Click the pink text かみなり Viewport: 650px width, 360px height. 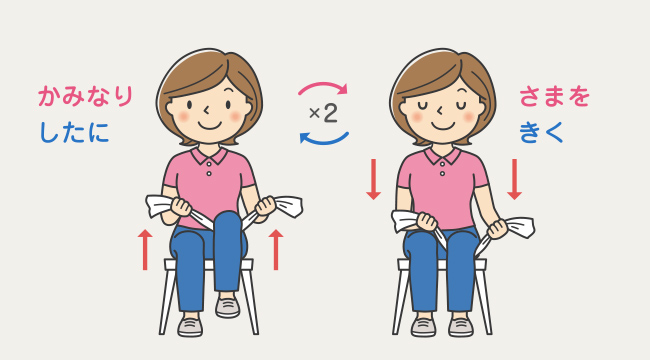[85, 96]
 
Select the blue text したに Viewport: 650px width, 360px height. [75, 132]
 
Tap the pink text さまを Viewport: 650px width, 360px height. [554, 96]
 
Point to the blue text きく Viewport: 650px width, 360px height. [541, 132]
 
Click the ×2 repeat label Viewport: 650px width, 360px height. [323, 113]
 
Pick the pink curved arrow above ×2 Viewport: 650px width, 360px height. [323, 85]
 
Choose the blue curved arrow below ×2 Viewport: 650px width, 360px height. [324, 140]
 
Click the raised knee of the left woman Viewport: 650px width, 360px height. [227, 221]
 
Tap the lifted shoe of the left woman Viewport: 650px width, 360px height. [228, 307]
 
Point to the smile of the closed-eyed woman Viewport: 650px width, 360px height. [442, 126]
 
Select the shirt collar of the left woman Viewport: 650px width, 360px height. [209, 156]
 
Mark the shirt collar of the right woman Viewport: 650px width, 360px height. [442, 156]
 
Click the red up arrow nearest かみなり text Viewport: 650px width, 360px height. [145, 250]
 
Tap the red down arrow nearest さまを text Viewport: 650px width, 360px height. [514, 179]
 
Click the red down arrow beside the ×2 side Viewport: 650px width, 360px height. [374, 179]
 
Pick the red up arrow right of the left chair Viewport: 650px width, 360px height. [276, 250]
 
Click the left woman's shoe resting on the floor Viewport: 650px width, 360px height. [190, 327]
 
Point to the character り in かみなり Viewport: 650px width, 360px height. [124, 96]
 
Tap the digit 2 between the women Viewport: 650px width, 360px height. [330, 113]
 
